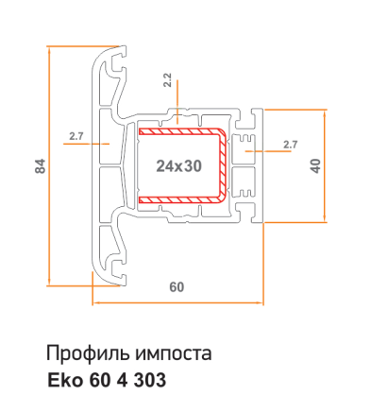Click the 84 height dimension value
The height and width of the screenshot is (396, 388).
[41, 166]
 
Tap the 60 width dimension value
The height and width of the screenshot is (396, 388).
[177, 287]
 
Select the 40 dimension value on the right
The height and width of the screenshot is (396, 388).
[315, 166]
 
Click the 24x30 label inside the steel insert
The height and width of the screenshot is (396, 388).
[178, 166]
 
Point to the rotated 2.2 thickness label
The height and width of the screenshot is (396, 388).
[167, 80]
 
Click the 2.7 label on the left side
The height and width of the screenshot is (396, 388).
[76, 136]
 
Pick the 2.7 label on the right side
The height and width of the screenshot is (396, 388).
[290, 145]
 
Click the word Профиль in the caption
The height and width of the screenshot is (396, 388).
[88, 353]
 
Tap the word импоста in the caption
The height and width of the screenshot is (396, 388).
[174, 353]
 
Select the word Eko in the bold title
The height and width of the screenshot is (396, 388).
[65, 380]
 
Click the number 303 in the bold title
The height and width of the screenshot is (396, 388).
[150, 380]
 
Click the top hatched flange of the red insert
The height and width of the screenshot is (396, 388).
[179, 131]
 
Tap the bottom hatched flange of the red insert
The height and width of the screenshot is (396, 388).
[179, 199]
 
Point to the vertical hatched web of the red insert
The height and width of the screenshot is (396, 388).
[223, 165]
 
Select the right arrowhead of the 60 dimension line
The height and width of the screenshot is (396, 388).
[260, 303]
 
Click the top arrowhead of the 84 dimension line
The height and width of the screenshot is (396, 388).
[49, 50]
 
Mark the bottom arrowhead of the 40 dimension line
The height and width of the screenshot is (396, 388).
[325, 218]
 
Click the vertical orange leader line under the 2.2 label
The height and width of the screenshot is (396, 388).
[177, 101]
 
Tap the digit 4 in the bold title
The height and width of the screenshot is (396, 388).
[122, 380]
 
